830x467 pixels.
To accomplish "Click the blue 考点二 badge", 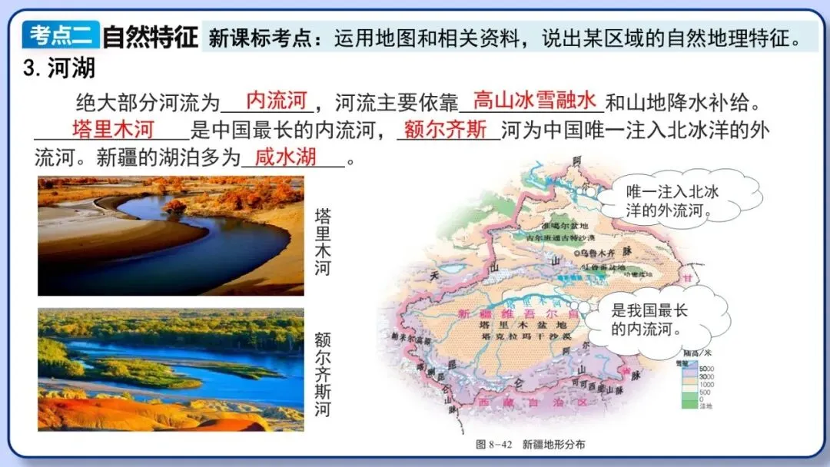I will tap(61, 35).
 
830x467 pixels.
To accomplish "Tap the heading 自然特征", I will tap(150, 36).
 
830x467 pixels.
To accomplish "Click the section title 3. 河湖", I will tap(59, 68).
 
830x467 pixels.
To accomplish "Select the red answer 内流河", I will tap(277, 100).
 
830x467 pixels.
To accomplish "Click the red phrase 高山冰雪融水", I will tap(534, 100).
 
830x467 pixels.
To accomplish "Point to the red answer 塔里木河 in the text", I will tap(113, 128).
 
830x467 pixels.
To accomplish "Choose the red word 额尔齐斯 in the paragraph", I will tap(445, 128).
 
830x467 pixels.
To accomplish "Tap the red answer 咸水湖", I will tap(285, 157).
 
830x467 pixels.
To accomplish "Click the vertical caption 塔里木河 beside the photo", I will tap(324, 242).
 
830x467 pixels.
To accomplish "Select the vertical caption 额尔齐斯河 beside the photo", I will tap(323, 374).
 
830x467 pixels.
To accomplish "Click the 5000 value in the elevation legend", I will tap(705, 369).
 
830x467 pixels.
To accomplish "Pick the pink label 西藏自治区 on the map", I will tap(533, 402).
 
